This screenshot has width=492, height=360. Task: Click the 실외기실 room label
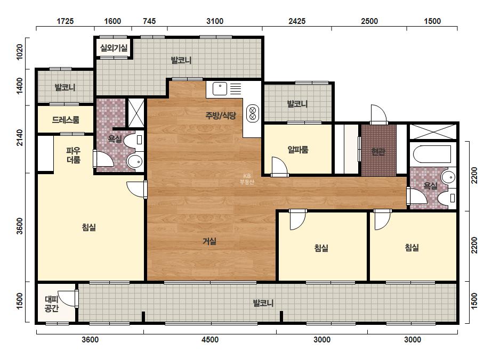click(114, 48)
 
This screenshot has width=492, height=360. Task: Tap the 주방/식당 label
click(221, 116)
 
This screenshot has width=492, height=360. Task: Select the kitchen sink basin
click(220, 89)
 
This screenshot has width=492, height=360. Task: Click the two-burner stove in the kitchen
click(253, 113)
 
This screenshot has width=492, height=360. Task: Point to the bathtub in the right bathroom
click(433, 154)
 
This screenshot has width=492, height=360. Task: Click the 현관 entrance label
click(378, 152)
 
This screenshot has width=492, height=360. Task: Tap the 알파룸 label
click(298, 150)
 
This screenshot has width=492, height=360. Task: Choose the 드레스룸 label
click(66, 119)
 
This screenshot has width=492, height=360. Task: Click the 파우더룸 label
click(74, 155)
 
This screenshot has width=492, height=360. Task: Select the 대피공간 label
click(52, 304)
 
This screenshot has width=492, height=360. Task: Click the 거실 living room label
click(209, 241)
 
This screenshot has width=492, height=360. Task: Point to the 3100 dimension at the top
click(215, 21)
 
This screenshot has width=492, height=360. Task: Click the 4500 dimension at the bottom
click(210, 340)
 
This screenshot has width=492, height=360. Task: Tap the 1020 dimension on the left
click(19, 52)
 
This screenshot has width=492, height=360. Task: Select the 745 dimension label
click(149, 21)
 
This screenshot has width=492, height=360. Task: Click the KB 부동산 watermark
click(247, 179)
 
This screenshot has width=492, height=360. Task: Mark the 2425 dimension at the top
click(297, 21)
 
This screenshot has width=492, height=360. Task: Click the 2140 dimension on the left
click(19, 137)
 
